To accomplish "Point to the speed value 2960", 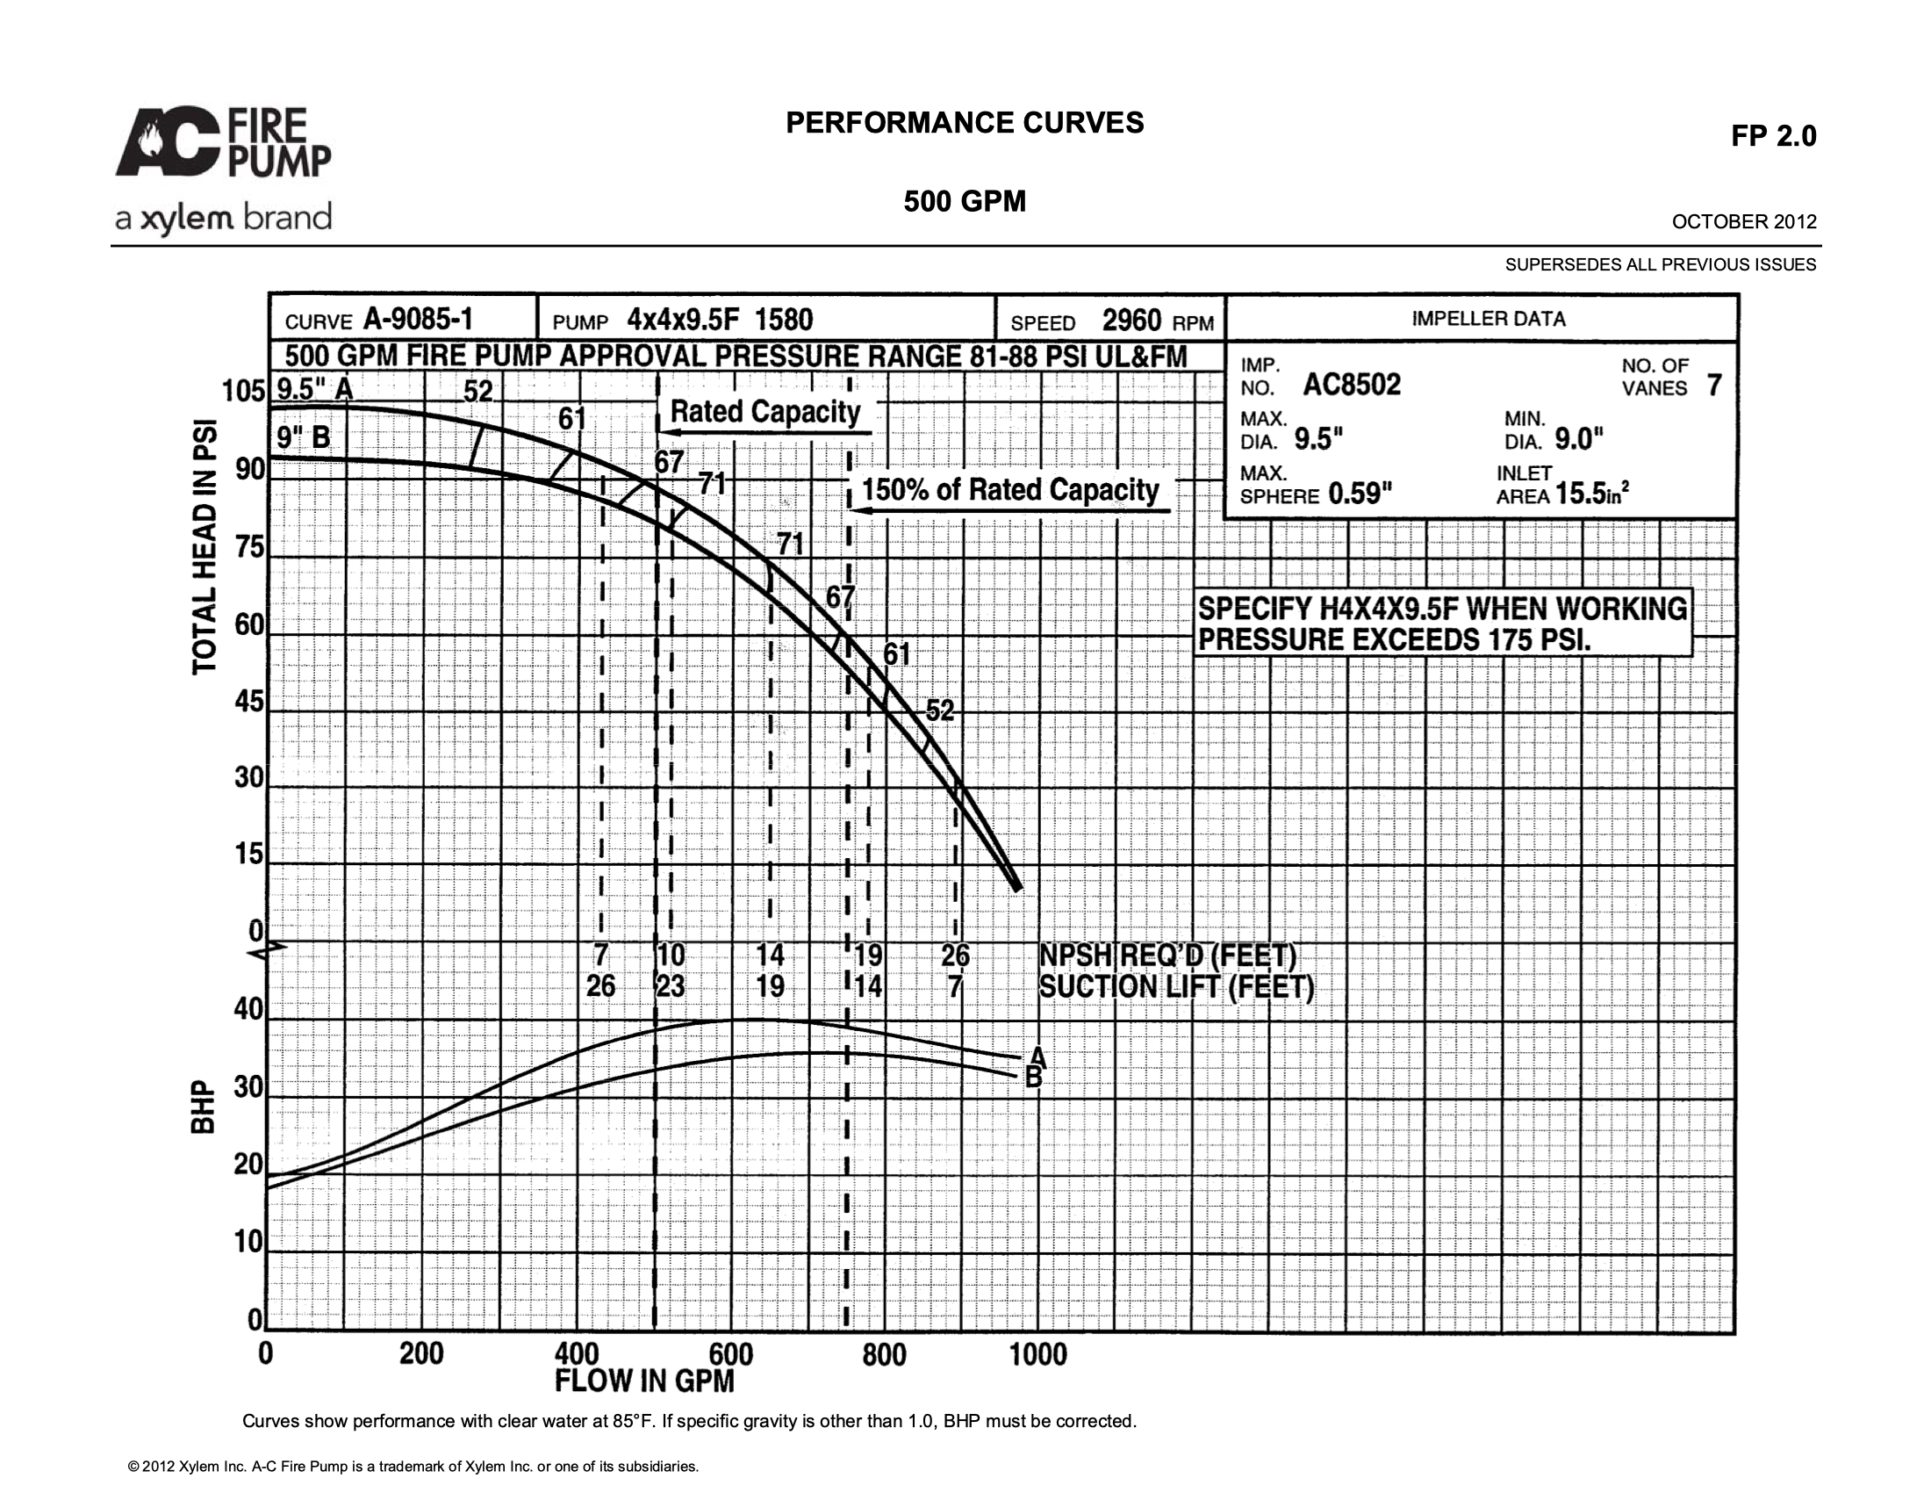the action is click(1131, 321).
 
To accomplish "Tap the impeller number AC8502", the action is click(1352, 385).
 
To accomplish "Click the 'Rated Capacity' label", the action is click(765, 412).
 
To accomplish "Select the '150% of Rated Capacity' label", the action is click(1010, 490).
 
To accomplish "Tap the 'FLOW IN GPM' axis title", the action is click(644, 1381).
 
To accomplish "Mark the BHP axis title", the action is click(205, 1107).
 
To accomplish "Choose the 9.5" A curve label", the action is click(315, 389).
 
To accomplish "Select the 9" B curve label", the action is click(304, 437).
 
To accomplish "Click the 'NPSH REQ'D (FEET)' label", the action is click(1167, 956).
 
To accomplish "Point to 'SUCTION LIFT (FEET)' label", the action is click(1176, 986).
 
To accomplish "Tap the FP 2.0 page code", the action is click(1774, 136).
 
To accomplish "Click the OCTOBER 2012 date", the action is click(1744, 221).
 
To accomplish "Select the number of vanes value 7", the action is click(1714, 386).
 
